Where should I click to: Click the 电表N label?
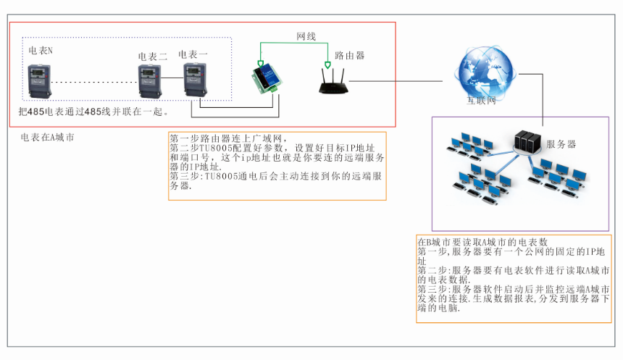41,51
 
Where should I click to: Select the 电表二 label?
153,56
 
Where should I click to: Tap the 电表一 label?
193,54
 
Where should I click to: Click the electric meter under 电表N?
40,81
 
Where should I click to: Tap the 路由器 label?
349,55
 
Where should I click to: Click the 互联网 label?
481,101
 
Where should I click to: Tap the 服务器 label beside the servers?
561,144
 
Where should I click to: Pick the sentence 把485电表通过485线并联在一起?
94,112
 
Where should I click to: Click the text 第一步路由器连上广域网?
229,138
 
